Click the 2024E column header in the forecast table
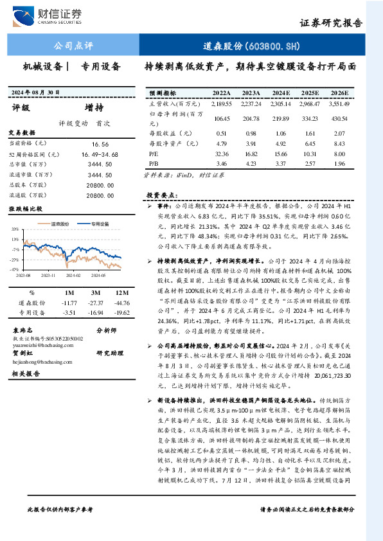tap(281, 93)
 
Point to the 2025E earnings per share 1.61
tap(311, 134)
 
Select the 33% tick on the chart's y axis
tap(15, 229)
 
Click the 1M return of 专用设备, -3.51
tap(68, 312)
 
